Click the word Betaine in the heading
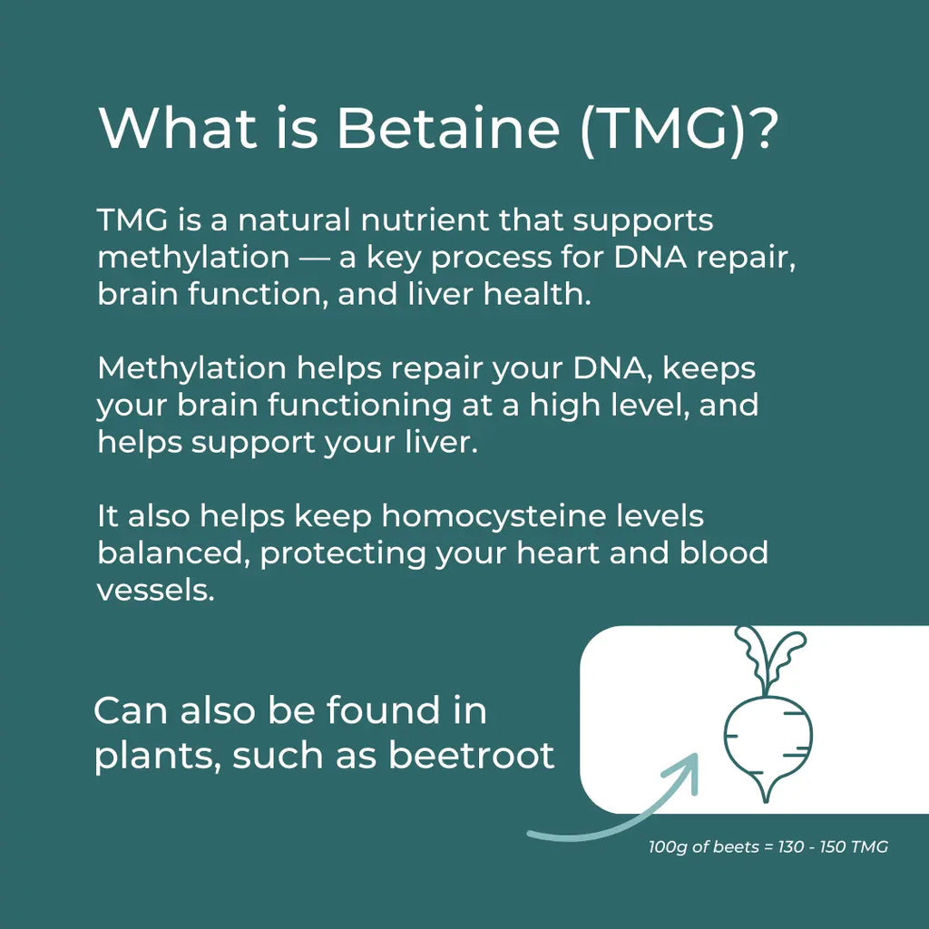pyautogui.click(x=448, y=128)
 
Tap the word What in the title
pyautogui.click(x=177, y=128)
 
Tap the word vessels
pyautogui.click(x=155, y=591)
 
